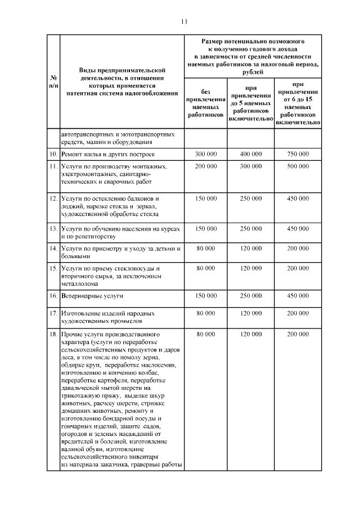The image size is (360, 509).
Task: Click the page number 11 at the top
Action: click(x=183, y=22)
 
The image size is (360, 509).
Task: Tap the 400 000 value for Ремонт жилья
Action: click(x=251, y=154)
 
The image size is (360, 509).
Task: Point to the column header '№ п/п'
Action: click(x=52, y=80)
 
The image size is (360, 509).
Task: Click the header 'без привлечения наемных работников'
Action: click(x=205, y=102)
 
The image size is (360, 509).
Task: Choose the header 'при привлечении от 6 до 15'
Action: click(x=298, y=102)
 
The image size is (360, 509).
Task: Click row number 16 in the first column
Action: click(x=52, y=295)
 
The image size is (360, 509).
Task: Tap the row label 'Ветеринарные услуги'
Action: click(x=92, y=295)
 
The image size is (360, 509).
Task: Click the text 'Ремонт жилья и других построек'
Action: click(x=106, y=154)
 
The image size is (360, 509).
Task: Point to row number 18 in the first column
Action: click(x=52, y=334)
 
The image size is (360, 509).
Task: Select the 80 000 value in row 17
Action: click(x=205, y=313)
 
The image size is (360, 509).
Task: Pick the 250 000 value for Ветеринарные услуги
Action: click(x=251, y=295)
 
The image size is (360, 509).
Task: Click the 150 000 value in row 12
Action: click(x=205, y=199)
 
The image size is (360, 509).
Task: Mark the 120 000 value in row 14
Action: click(x=251, y=248)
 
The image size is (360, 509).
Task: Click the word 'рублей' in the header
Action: click(x=253, y=72)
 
